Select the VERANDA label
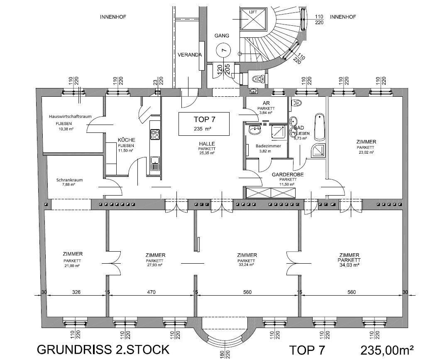pyautogui.click(x=190, y=55)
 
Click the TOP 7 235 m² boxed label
pyautogui.click(x=204, y=123)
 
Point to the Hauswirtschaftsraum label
pyautogui.click(x=70, y=117)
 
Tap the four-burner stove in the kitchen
pyautogui.click(x=155, y=134)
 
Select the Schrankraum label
pyautogui.click(x=69, y=180)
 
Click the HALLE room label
pyautogui.click(x=206, y=143)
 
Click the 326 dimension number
pyautogui.click(x=76, y=292)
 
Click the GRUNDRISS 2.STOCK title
pyautogui.click(x=103, y=349)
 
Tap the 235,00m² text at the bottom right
pyautogui.click(x=387, y=350)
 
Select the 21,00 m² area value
pyautogui.click(x=72, y=265)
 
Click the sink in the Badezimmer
pyautogui.click(x=254, y=131)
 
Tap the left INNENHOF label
pyautogui.click(x=113, y=17)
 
